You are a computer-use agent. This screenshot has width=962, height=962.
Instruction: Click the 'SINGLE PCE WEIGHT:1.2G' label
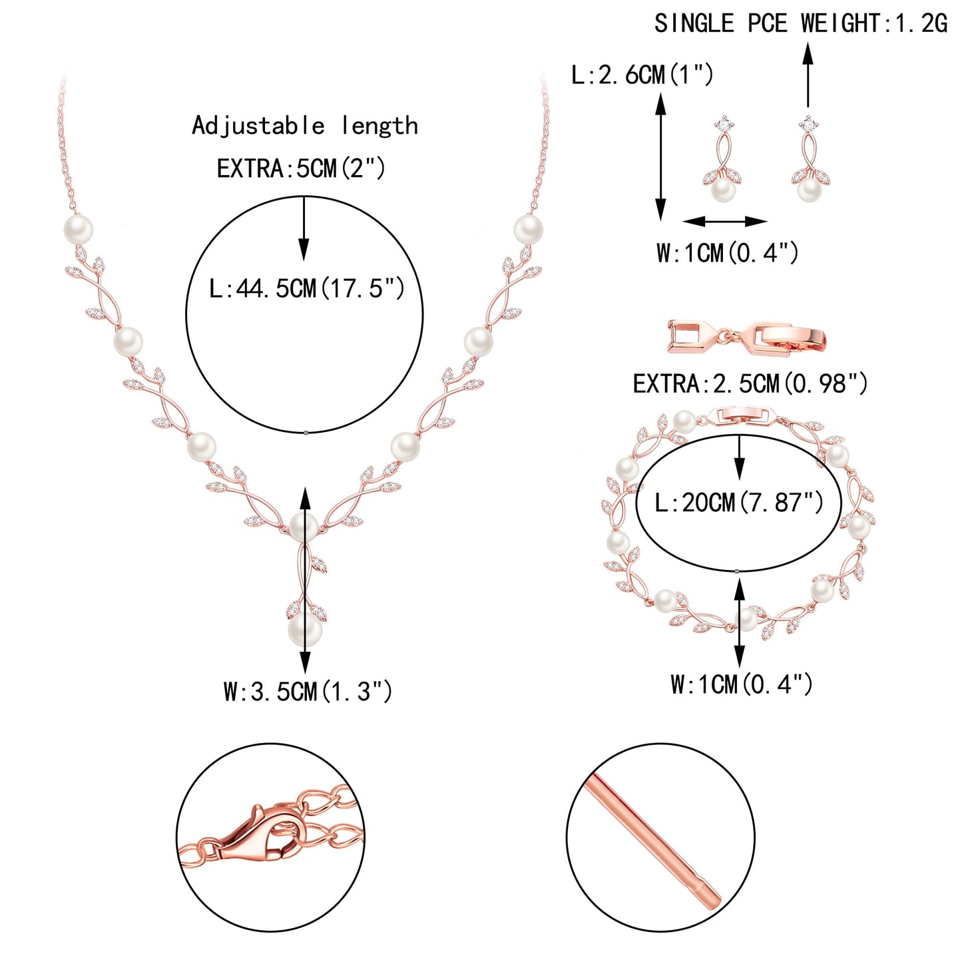800,23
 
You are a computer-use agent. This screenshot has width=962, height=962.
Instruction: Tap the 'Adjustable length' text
305,126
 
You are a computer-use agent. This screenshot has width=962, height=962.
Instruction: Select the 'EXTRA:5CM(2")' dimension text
301,168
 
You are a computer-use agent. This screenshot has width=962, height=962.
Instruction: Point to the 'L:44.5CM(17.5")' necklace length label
306,288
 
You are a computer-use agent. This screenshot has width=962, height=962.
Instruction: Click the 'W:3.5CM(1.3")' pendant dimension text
308,692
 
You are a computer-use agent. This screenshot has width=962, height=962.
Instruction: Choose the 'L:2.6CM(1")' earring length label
642,75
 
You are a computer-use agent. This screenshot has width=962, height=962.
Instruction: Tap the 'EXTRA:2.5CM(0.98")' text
750,384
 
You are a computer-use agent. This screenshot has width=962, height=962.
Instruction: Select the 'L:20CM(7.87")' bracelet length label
739,502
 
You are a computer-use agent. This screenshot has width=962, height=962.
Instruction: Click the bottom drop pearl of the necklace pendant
305,630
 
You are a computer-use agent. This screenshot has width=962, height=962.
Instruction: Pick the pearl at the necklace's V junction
304,527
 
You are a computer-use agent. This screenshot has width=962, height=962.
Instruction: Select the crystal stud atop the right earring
808,122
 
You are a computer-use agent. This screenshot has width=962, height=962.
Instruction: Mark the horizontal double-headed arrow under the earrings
724,221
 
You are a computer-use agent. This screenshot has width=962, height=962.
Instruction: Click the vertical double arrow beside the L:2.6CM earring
660,156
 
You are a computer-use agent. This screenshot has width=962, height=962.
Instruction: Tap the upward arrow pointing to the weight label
808,75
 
